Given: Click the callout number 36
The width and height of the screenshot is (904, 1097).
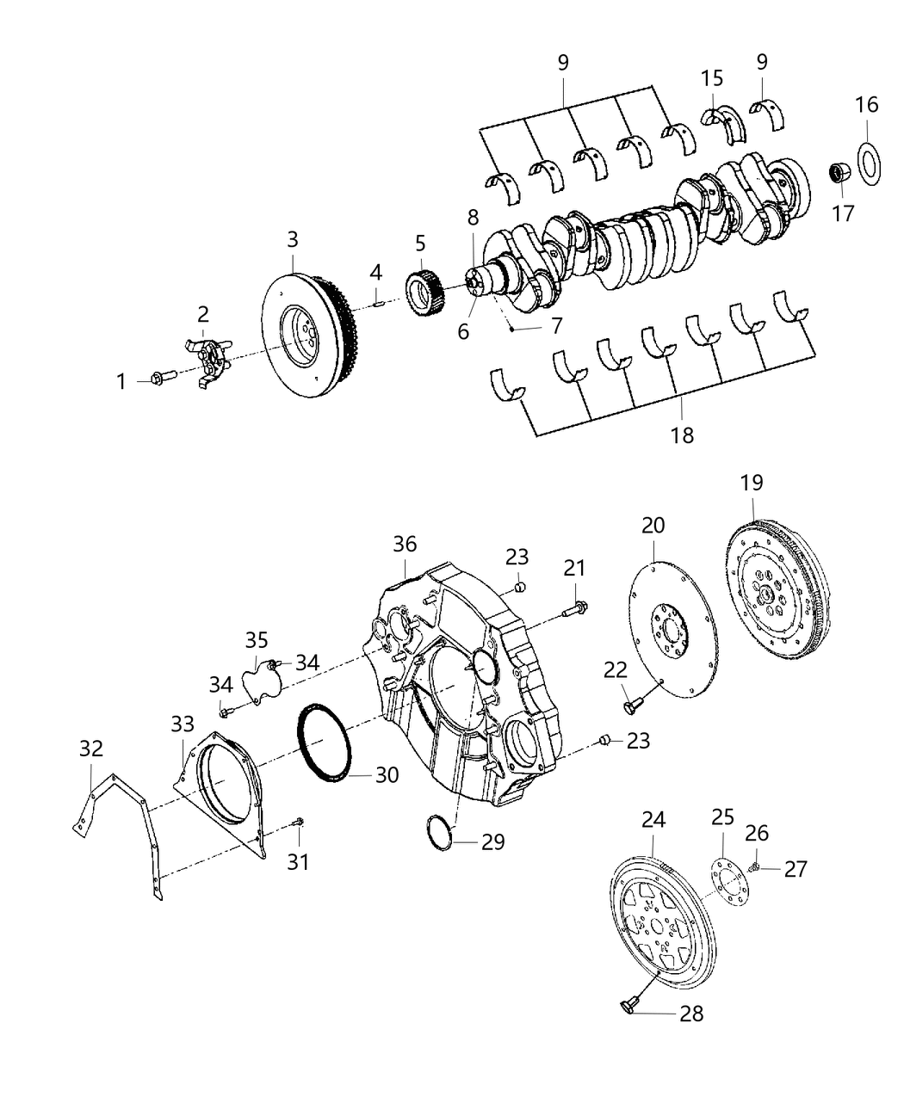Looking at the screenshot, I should [x=405, y=544].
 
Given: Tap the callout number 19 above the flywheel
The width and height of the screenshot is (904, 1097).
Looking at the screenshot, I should [x=751, y=483].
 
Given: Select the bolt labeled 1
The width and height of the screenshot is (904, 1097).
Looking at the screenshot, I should [x=161, y=376].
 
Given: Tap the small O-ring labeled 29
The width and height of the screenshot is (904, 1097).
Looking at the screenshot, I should [x=440, y=831].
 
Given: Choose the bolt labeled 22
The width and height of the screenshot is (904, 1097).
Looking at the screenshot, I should [x=632, y=705].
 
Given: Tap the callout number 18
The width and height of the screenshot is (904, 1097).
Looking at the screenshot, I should [x=683, y=434].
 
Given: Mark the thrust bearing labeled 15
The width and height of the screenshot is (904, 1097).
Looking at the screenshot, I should [x=724, y=121].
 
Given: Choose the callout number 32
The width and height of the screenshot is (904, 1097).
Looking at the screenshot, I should [x=91, y=748].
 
